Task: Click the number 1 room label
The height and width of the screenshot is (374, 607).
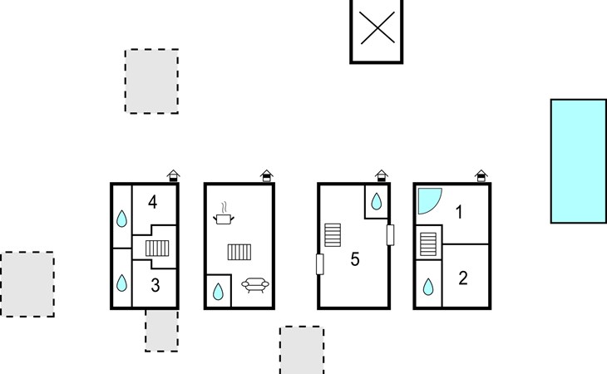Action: (458, 213)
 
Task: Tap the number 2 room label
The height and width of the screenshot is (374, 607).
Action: (463, 278)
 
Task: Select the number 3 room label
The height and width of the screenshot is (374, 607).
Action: (155, 286)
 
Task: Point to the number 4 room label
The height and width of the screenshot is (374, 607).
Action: (153, 201)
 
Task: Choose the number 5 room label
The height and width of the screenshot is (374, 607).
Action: (355, 259)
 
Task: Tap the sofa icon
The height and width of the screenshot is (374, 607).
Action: (254, 285)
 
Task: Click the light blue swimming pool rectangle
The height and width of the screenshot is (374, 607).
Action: (578, 161)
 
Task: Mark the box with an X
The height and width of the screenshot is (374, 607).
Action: (377, 30)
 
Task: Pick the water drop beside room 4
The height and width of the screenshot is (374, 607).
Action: (121, 219)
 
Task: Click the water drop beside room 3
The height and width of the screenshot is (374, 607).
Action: (121, 283)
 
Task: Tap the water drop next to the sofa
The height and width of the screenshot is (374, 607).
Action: (217, 291)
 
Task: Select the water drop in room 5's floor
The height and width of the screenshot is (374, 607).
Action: (376, 201)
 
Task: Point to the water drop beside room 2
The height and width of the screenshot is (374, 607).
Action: (428, 287)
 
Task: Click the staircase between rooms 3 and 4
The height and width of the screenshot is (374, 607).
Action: (158, 248)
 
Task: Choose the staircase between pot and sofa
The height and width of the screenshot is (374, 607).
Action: (239, 252)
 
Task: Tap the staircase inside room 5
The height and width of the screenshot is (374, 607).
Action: (333, 234)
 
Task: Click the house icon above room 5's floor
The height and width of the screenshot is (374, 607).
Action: (381, 175)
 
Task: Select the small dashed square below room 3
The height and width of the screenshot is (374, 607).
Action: (161, 331)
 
